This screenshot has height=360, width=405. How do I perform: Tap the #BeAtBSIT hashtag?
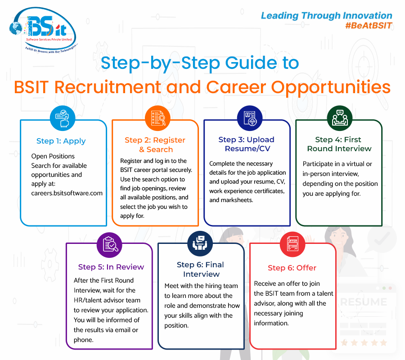click(x=369, y=26)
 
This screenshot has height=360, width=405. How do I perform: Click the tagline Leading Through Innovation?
click(x=326, y=16)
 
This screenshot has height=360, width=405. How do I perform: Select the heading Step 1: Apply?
click(x=61, y=141)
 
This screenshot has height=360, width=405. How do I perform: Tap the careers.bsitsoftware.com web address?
click(x=67, y=193)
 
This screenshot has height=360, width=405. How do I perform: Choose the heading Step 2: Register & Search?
click(x=155, y=144)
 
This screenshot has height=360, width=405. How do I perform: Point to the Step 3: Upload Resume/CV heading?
click(x=246, y=144)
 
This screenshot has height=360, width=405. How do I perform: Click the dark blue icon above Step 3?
click(x=249, y=119)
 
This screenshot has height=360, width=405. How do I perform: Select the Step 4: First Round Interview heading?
click(x=339, y=144)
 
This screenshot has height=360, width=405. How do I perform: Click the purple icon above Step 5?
click(x=109, y=244)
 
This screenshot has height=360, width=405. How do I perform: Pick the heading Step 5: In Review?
click(x=111, y=267)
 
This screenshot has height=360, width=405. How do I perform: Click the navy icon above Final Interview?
click(x=200, y=244)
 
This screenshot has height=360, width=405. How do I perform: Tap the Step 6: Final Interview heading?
click(x=201, y=269)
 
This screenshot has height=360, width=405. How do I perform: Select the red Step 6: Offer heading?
click(x=292, y=268)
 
